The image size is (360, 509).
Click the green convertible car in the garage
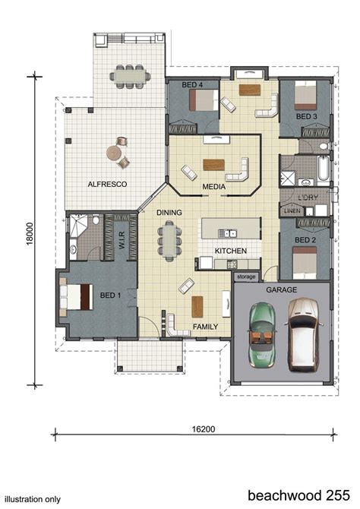pyautogui.click(x=262, y=335)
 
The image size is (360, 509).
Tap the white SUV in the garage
pyautogui.click(x=304, y=335)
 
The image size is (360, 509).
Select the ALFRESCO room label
pyautogui.click(x=107, y=184)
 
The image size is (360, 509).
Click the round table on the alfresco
pyautogui.click(x=114, y=153)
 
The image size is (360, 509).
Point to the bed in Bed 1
pyautogui.click(x=76, y=297)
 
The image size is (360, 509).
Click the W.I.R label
pyautogui.click(x=122, y=240)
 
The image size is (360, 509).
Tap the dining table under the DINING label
pyautogui.click(x=169, y=241)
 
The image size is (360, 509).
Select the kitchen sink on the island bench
pyautogui.click(x=228, y=232)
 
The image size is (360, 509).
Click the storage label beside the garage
pyautogui.click(x=246, y=277)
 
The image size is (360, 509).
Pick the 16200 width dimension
pyautogui.click(x=204, y=429)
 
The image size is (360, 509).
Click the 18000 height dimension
pyautogui.click(x=30, y=233)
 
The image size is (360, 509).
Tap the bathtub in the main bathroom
pyautogui.click(x=324, y=168)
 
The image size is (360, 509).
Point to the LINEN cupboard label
pyautogui.click(x=292, y=211)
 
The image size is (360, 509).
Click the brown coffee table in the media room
pyautogui.click(x=213, y=165)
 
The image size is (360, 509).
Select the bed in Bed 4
pyautogui.click(x=204, y=100)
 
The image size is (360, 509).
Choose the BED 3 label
pyautogui.click(x=306, y=116)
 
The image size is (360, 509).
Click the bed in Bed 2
pyautogui.click(x=305, y=263)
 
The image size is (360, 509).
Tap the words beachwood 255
pyautogui.click(x=299, y=495)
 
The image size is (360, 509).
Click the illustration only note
pyautogui.click(x=33, y=499)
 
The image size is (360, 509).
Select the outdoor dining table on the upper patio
pyautogui.click(x=130, y=76)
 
